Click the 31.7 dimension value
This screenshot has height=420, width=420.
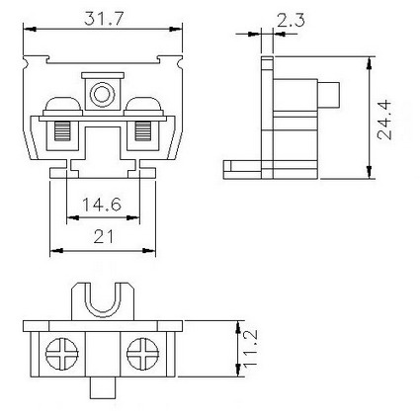click(103, 19)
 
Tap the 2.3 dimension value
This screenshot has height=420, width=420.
click(291, 21)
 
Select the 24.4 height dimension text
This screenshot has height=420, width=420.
click(384, 121)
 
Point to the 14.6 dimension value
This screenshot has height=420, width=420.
click(102, 205)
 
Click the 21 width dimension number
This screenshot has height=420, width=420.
click(104, 236)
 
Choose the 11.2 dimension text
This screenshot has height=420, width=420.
click(250, 348)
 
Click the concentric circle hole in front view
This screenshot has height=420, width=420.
click(102, 95)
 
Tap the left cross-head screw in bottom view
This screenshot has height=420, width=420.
click(62, 354)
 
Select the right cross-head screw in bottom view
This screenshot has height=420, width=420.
click(143, 354)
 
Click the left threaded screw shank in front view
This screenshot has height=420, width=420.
click(62, 131)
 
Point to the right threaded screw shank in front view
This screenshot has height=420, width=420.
click(143, 131)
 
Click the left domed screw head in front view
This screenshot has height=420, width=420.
click(62, 106)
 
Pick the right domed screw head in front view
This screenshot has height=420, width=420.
click(143, 106)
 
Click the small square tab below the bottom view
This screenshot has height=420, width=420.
click(103, 387)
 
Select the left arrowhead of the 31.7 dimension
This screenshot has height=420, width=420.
click(30, 29)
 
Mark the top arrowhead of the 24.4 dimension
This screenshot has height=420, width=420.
click(369, 62)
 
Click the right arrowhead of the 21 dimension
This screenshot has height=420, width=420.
click(149, 251)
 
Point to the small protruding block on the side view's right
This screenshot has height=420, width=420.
click(328, 95)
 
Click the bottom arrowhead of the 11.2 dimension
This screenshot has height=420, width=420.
click(238, 371)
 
